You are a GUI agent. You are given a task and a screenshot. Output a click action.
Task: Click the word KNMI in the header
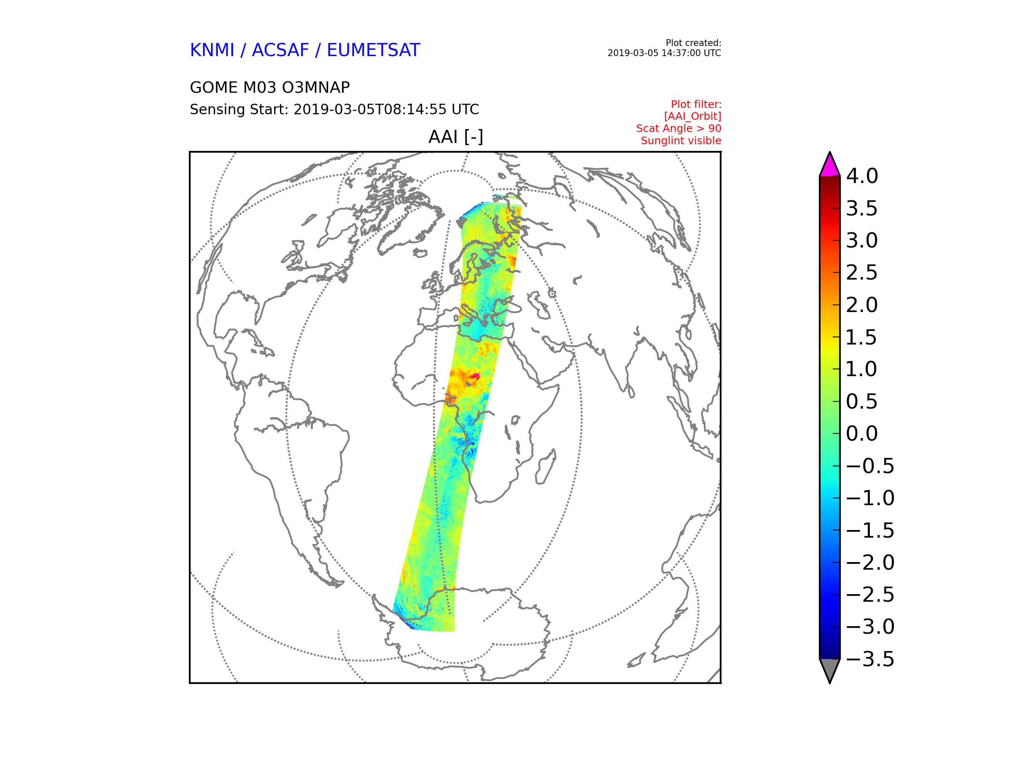point(212,50)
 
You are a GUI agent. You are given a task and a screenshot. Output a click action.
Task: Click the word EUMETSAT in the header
point(373,50)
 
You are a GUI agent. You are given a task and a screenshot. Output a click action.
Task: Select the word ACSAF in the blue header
point(280,50)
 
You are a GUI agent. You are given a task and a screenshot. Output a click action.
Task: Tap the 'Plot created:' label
point(693,43)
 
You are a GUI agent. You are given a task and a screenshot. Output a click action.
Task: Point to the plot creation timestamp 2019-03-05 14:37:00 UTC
point(664,53)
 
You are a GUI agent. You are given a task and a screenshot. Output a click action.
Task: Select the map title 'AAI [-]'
point(456,137)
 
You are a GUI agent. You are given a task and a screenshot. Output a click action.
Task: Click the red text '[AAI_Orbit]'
point(692,116)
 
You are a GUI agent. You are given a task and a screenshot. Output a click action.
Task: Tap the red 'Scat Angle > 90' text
point(678,129)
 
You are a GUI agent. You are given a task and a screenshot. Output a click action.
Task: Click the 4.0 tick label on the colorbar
point(862,176)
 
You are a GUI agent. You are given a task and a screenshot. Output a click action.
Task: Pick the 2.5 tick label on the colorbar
point(862,273)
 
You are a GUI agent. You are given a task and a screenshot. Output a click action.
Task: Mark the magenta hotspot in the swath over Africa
point(476,376)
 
